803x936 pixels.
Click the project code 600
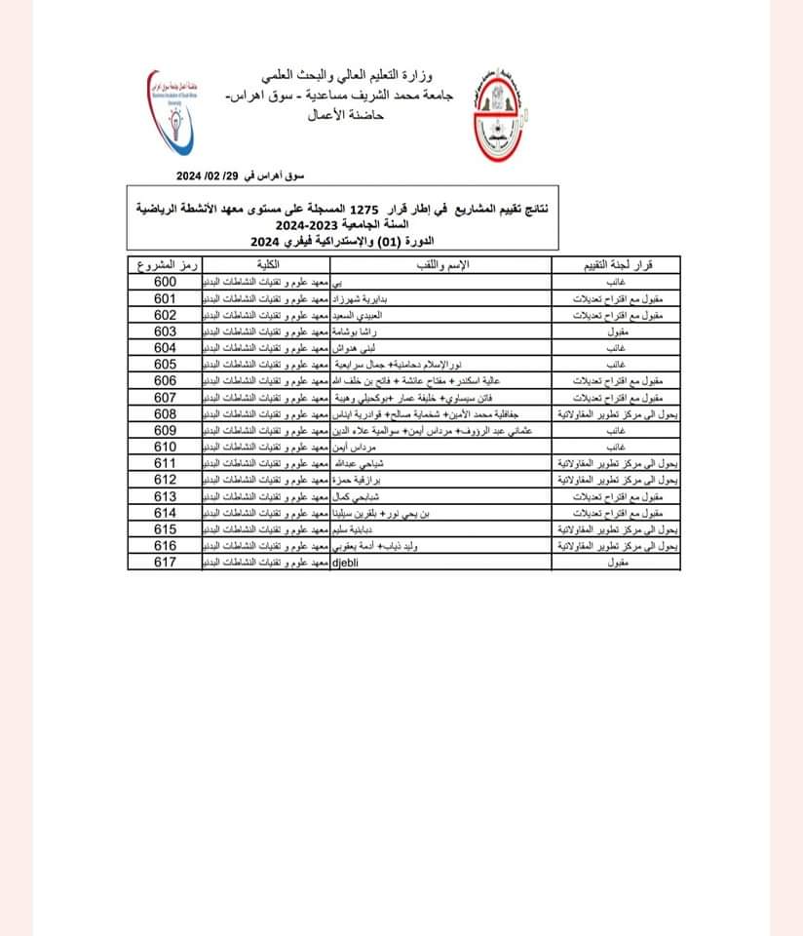[164, 283]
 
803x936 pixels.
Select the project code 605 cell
[164, 364]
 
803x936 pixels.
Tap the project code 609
[164, 430]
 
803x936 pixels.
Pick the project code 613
[164, 496]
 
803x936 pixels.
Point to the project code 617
[164, 563]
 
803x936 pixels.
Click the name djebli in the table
[347, 563]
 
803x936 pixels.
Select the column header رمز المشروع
[164, 266]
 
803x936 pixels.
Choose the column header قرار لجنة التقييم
[617, 266]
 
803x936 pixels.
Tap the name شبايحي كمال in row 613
[362, 496]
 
